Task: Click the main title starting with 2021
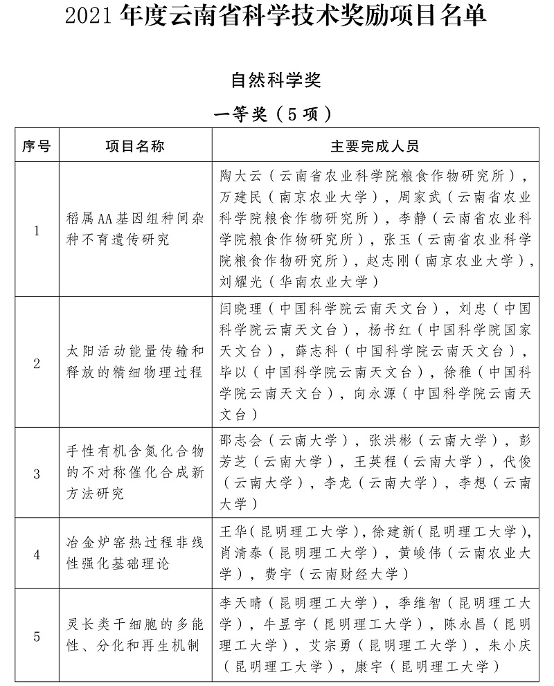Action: [276, 15]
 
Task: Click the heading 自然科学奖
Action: [276, 80]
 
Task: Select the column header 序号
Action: [37, 147]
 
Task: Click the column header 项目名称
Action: [135, 147]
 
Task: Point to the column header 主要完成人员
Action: [374, 147]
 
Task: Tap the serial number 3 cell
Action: [37, 474]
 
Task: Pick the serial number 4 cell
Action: [37, 554]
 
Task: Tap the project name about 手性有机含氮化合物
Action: [135, 474]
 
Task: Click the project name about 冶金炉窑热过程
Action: [135, 554]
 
